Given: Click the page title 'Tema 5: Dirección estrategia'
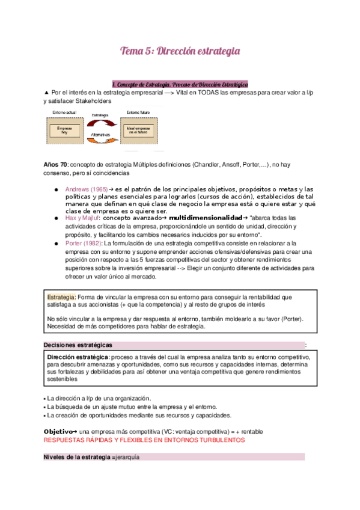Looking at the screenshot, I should point(180,51).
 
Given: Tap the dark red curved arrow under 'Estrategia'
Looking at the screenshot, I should point(100,122).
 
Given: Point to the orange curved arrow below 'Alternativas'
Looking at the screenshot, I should point(100,140).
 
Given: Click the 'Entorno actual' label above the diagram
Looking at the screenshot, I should point(62,112).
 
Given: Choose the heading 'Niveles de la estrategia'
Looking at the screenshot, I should point(77,457).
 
